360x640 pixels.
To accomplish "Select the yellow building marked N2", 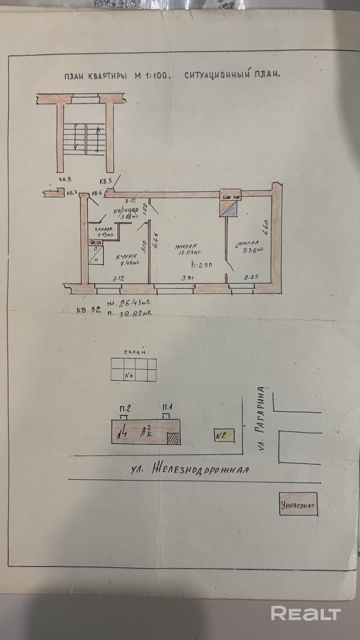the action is click(x=224, y=435).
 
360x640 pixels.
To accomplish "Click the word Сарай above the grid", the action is click(x=135, y=352).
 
